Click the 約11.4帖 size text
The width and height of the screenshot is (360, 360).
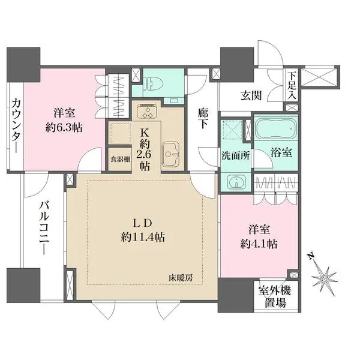click(x=142, y=236)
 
